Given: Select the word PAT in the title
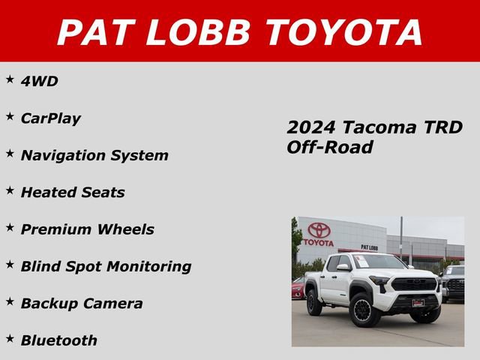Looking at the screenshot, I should (x=95, y=32).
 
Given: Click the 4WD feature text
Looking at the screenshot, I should (x=39, y=82).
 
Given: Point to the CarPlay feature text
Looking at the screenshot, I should (x=50, y=118).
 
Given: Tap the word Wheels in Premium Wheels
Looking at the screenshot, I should (x=128, y=229).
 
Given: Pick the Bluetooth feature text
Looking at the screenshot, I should (x=58, y=340).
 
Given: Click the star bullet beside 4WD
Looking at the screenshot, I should (x=10, y=79).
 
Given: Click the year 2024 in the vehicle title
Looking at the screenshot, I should (x=310, y=127).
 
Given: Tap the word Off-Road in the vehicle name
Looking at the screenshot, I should (x=329, y=147).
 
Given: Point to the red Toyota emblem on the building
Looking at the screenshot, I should (x=319, y=230).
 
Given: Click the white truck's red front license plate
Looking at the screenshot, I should (x=418, y=303).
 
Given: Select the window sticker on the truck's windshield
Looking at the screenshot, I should (x=361, y=261).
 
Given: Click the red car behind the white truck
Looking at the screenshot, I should (x=298, y=288).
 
